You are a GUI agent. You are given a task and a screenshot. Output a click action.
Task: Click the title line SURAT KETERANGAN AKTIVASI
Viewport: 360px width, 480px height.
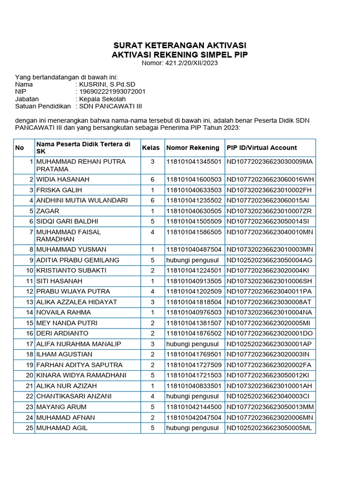(180, 45)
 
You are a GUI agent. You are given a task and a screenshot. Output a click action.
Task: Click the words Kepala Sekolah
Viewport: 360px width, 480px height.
(103, 99)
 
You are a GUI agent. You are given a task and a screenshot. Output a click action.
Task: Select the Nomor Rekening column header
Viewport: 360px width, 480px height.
(193, 148)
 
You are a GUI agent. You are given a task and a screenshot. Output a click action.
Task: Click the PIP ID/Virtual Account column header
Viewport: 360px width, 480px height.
(262, 148)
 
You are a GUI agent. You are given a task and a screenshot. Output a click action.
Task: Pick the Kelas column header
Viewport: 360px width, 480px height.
(151, 148)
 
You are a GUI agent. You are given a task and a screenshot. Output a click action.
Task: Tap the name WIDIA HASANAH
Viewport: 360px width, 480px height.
(63, 180)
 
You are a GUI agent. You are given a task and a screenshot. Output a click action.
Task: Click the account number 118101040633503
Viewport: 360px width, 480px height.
(194, 190)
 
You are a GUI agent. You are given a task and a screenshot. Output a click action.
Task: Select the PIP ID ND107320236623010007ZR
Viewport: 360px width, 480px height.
(269, 211)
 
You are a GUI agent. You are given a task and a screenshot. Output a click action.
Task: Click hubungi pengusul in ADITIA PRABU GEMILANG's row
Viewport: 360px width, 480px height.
(192, 260)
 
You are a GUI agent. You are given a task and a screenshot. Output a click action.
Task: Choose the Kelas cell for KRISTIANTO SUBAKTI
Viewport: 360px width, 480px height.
(152, 270)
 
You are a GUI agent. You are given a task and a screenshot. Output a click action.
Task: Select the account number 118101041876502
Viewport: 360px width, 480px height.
(194, 333)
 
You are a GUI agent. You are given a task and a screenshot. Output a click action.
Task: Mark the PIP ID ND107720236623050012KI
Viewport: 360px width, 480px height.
(269, 375)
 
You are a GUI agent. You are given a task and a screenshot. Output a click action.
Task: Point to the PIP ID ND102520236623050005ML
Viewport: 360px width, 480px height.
(269, 428)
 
